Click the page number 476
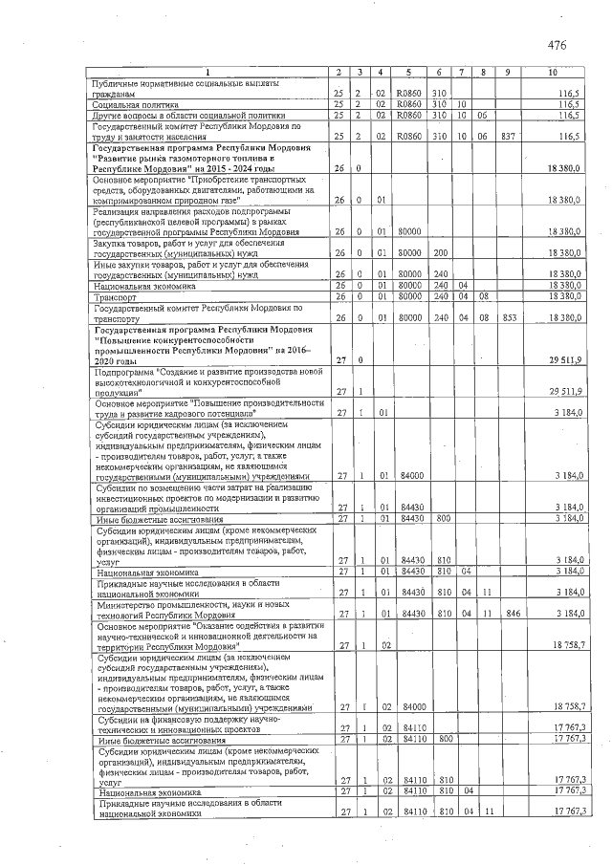(557, 45)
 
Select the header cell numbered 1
(208, 73)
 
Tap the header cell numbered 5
(408, 73)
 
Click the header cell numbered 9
(508, 73)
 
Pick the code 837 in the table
(508, 137)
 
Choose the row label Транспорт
(114, 296)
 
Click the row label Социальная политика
(133, 104)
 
